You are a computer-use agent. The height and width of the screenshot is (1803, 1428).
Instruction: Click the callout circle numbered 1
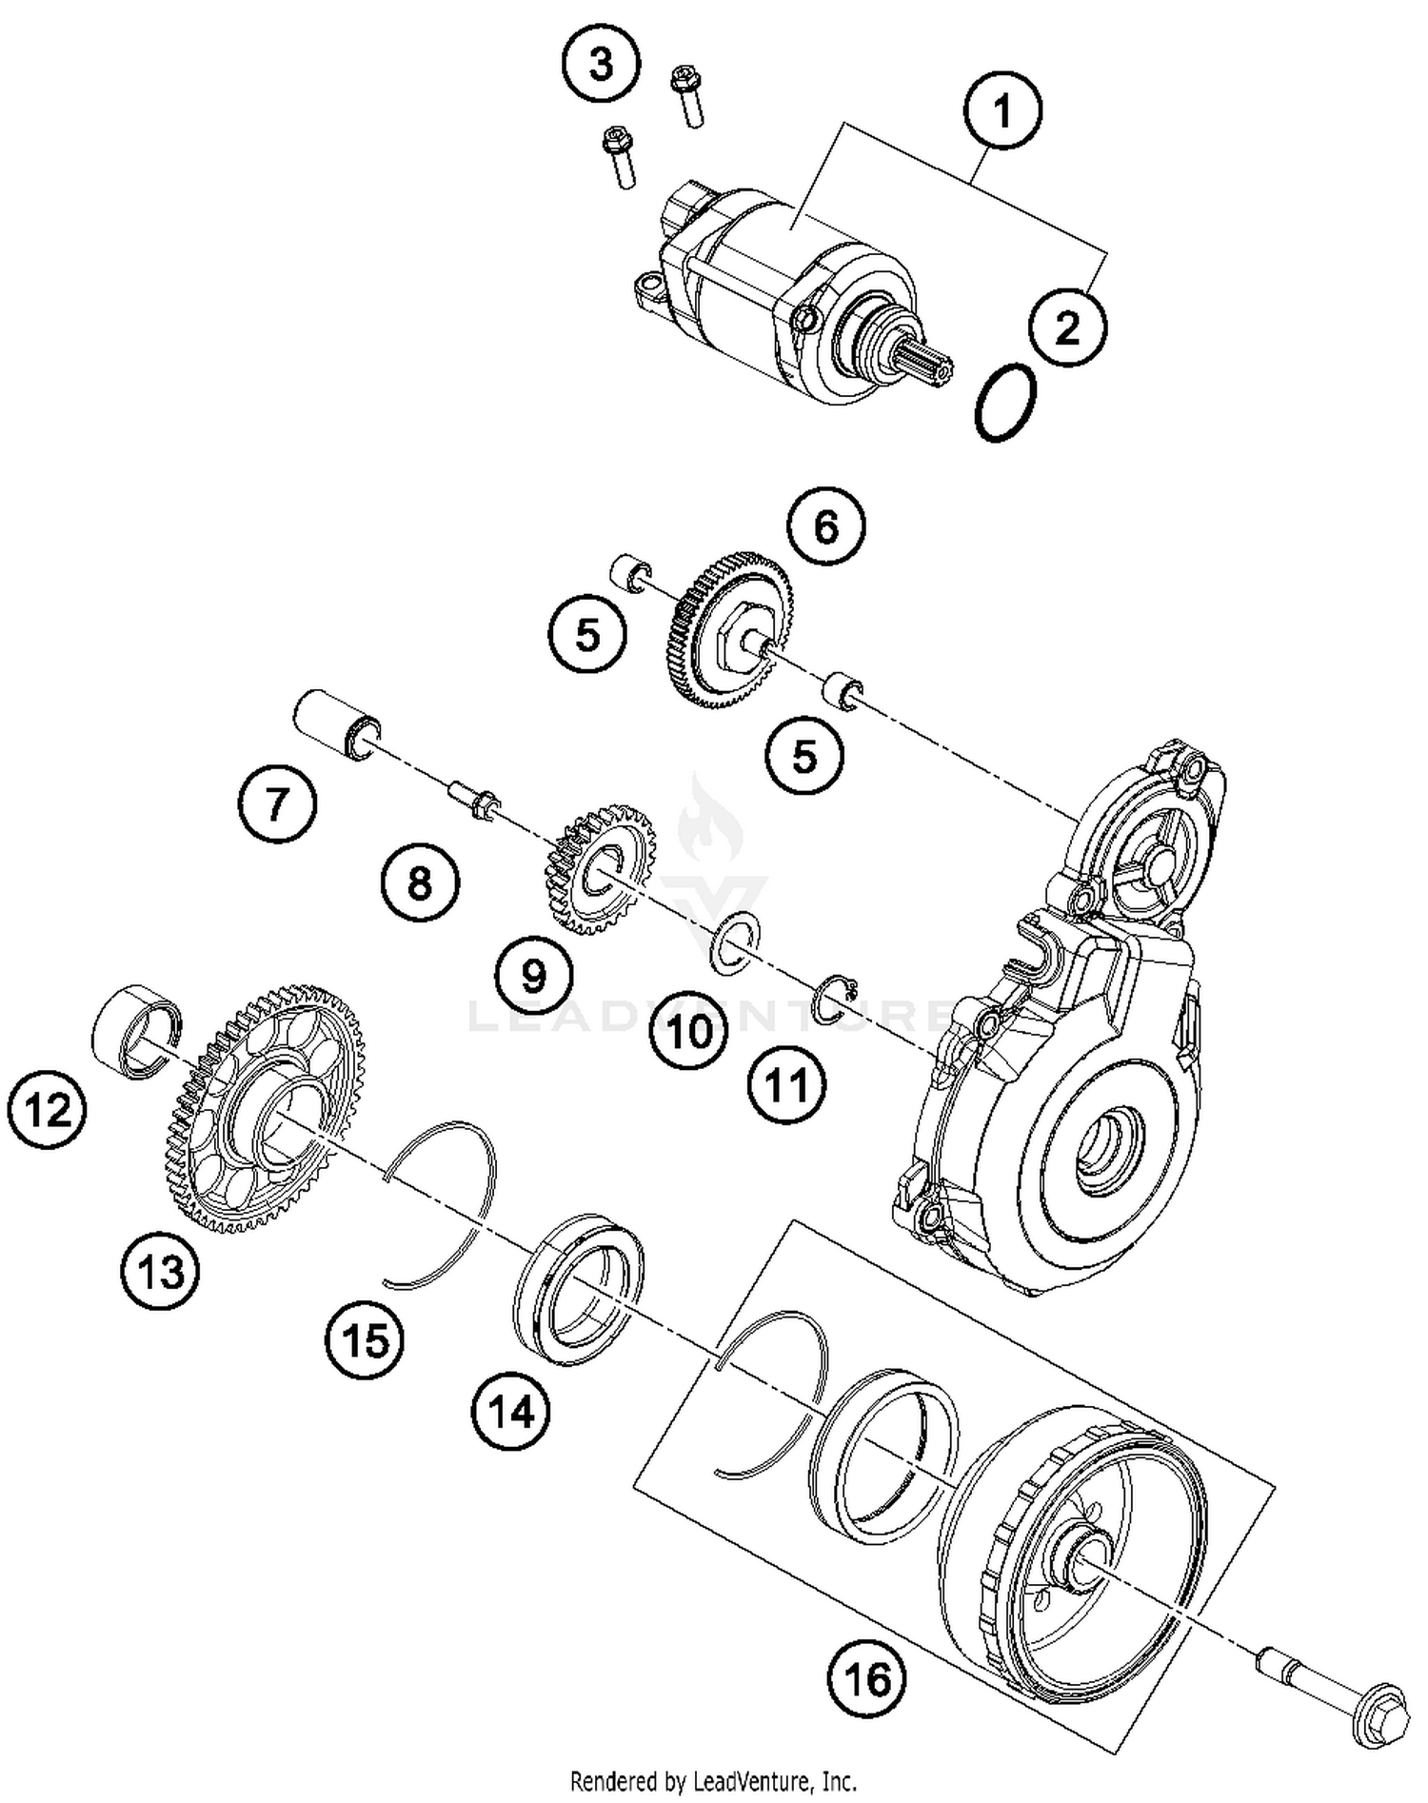point(1002,111)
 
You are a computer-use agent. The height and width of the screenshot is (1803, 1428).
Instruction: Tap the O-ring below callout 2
point(1005,401)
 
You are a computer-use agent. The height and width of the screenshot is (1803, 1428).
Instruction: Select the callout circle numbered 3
point(601,66)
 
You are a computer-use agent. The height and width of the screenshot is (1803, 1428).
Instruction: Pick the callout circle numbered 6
point(826,525)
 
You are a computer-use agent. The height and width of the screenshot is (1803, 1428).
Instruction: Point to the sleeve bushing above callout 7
point(335,725)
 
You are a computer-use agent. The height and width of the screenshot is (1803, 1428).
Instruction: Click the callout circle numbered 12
point(46,1110)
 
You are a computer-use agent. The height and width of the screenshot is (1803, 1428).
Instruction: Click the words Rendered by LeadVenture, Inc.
point(713,1779)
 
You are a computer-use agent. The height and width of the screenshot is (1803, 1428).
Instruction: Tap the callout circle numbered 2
point(1067,327)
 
